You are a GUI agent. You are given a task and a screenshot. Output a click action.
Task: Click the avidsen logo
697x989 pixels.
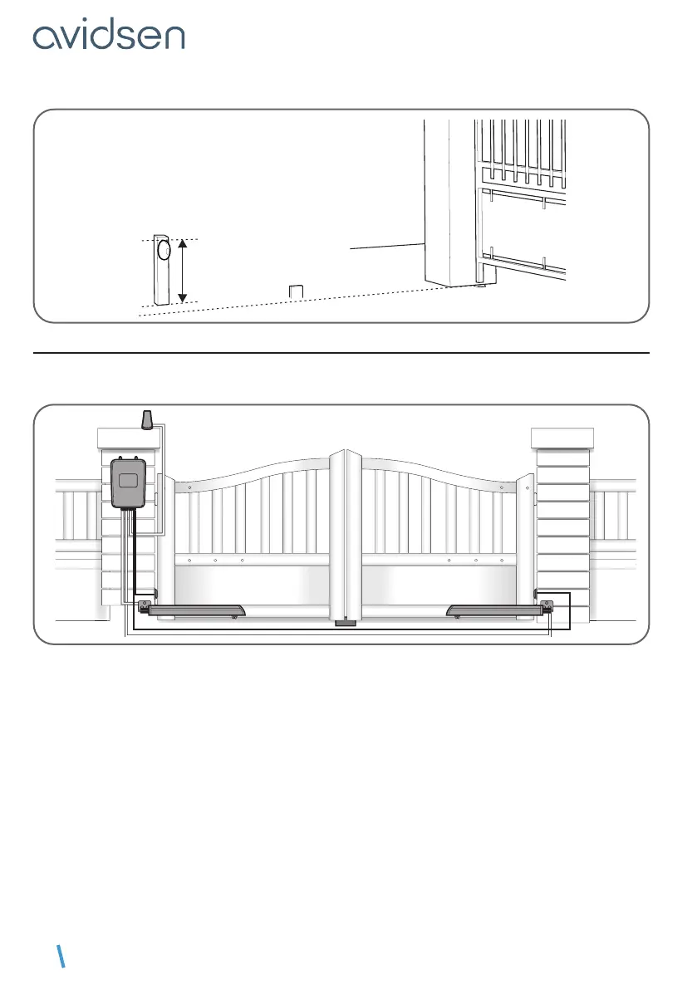point(109,36)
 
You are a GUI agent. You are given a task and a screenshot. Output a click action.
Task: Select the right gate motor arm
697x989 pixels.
point(493,611)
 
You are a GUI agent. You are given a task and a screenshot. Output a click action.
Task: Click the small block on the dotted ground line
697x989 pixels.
point(296,291)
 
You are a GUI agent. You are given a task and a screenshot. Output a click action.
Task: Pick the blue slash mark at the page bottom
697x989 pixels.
point(61,957)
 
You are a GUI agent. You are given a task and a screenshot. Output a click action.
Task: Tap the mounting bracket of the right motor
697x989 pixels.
point(547,606)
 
